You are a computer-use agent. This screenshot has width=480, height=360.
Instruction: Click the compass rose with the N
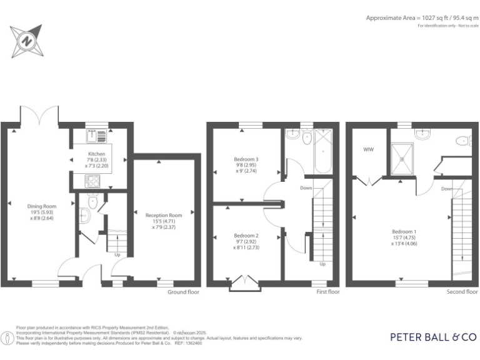[x=27, y=41]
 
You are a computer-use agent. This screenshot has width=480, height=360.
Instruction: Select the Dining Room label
[x=41, y=206]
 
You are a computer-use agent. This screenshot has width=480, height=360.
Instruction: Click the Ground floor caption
[x=184, y=291]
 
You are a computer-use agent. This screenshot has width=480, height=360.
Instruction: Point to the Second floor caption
[x=462, y=291]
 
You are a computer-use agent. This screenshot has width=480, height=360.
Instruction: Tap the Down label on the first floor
[x=306, y=187]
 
